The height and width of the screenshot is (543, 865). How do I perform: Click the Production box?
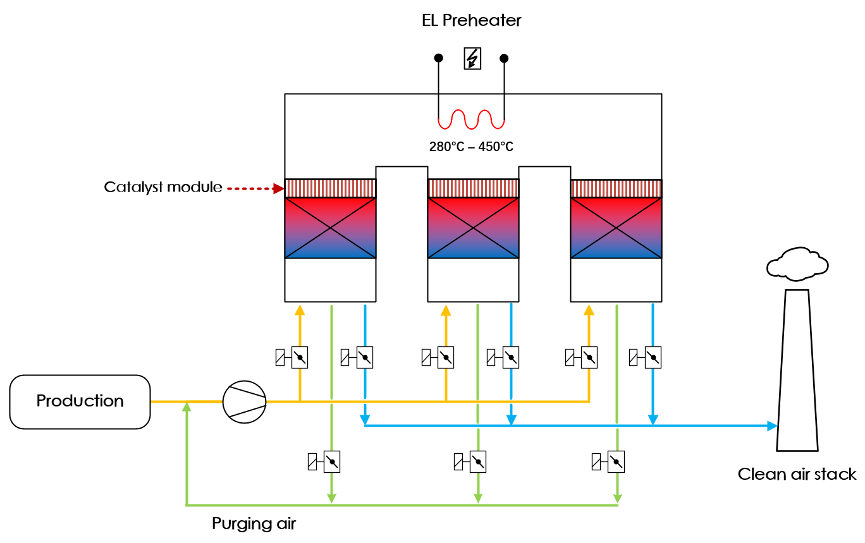[80, 402]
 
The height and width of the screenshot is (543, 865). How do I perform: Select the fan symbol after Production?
[245, 401]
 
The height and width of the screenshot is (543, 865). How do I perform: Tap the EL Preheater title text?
[471, 20]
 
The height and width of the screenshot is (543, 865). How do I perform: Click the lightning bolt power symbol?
[472, 59]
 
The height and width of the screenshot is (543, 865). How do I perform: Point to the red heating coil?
[471, 119]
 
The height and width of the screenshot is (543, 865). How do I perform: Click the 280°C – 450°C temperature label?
[471, 147]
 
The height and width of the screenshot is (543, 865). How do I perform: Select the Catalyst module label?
[163, 187]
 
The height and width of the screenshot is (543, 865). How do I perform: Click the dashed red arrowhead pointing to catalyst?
[278, 188]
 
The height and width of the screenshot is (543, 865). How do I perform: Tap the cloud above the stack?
[797, 264]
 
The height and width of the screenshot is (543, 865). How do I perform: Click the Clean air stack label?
[797, 474]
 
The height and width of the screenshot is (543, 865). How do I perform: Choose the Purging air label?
[254, 523]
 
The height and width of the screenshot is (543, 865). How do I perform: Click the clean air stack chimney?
[797, 373]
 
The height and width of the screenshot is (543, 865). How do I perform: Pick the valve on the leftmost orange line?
[299, 358]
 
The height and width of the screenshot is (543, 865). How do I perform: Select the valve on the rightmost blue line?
[653, 358]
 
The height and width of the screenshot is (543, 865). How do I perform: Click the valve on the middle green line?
[477, 461]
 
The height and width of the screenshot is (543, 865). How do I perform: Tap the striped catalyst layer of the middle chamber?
[473, 188]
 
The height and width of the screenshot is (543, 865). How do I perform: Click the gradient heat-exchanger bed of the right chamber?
[616, 228]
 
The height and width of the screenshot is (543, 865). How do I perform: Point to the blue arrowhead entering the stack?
[771, 426]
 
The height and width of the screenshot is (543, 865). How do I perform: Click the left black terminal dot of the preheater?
[438, 58]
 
